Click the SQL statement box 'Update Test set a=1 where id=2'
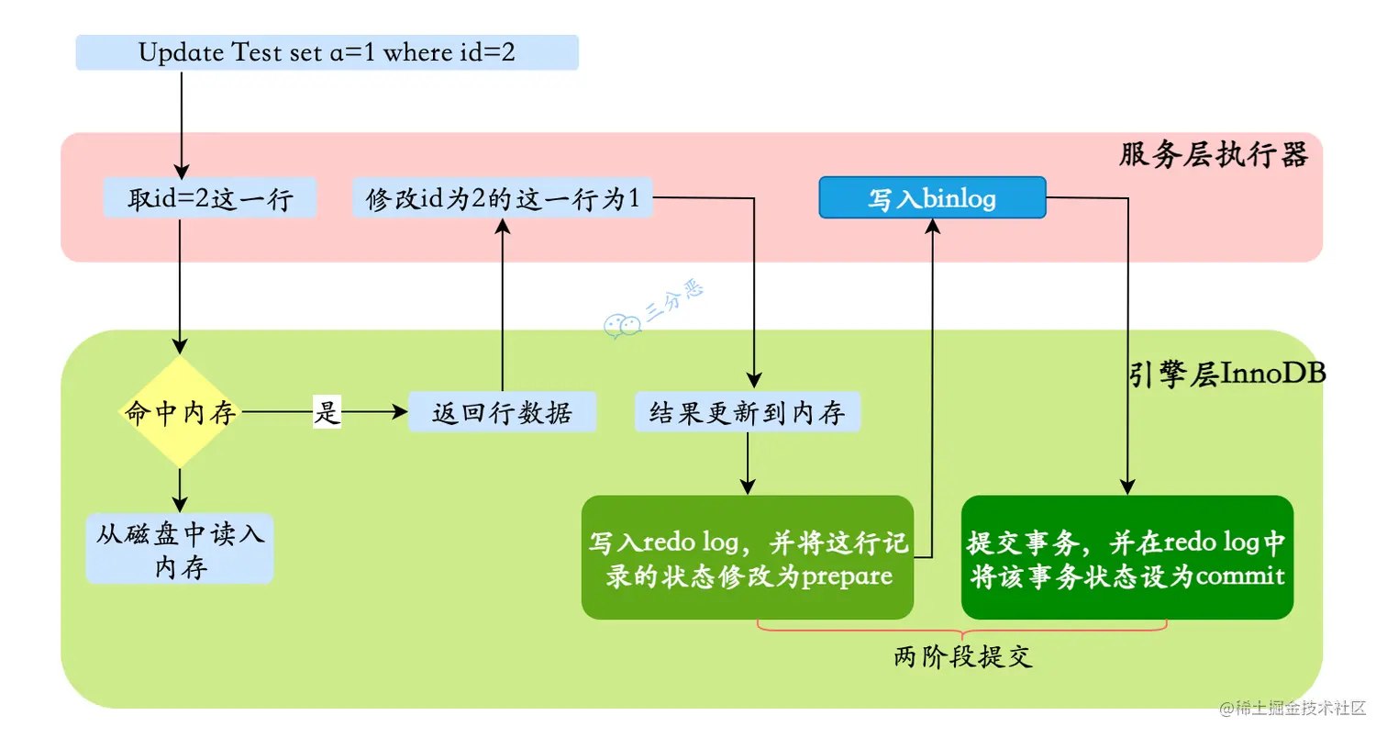click(x=327, y=52)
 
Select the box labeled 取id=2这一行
click(x=210, y=198)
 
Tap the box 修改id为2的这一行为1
click(x=502, y=198)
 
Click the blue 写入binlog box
click(x=931, y=197)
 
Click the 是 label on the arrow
click(x=327, y=413)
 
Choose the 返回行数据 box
click(x=502, y=413)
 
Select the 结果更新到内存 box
click(x=748, y=413)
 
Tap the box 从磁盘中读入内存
click(x=180, y=549)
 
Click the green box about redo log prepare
click(x=748, y=557)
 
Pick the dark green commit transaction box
click(x=1126, y=557)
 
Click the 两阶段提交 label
click(x=962, y=657)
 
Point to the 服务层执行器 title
click(x=1213, y=155)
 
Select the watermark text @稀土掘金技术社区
click(x=1293, y=708)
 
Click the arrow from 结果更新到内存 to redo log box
click(x=748, y=464)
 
